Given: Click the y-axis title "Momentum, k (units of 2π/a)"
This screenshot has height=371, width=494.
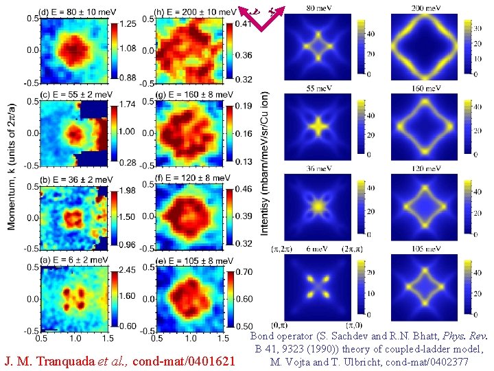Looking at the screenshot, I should [11, 168].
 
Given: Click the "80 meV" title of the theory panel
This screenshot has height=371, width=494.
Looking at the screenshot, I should [318, 8].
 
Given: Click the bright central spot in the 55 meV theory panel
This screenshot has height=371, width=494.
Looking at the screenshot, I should [318, 126].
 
